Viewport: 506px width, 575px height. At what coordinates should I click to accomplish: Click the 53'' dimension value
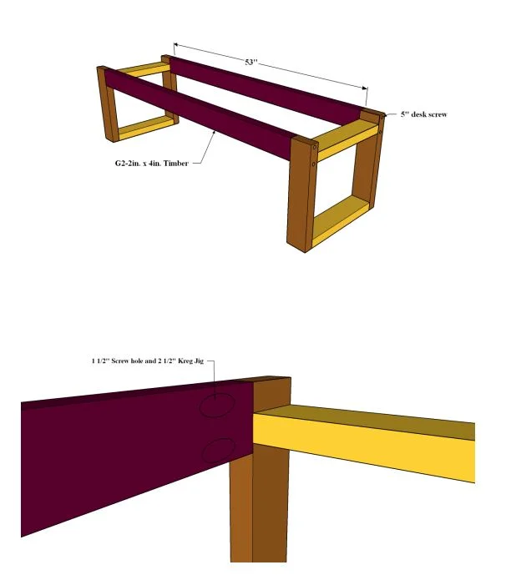coord(250,62)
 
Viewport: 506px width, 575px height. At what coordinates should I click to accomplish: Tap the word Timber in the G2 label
coord(175,164)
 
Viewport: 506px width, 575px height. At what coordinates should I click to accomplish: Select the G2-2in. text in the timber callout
coord(128,164)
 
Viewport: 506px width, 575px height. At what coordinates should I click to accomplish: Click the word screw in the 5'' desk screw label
coord(437,114)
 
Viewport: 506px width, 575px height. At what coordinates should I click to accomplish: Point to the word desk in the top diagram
coord(417,114)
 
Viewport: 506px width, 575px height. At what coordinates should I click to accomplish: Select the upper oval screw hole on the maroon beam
coord(217,405)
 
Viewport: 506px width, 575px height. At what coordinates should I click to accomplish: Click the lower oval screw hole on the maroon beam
coord(218,450)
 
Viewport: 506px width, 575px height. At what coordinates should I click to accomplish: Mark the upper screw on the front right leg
coord(315,148)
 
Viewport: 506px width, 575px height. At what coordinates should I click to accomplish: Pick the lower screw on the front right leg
coord(314,164)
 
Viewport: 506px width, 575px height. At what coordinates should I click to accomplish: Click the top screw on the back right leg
coord(382,117)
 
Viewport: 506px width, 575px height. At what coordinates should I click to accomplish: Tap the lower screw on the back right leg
coord(381,131)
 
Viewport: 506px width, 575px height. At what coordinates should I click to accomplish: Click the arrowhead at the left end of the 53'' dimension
coord(175,44)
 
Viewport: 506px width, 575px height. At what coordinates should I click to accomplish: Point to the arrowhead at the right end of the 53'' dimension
coord(364,88)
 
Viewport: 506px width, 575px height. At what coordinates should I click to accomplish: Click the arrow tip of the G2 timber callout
coord(215,132)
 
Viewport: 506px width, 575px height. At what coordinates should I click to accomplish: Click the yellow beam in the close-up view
coord(363,443)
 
